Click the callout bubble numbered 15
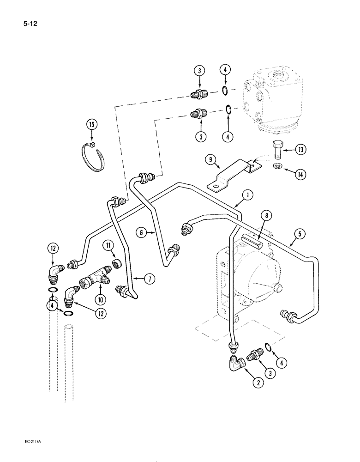92,124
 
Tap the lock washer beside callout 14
275,166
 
